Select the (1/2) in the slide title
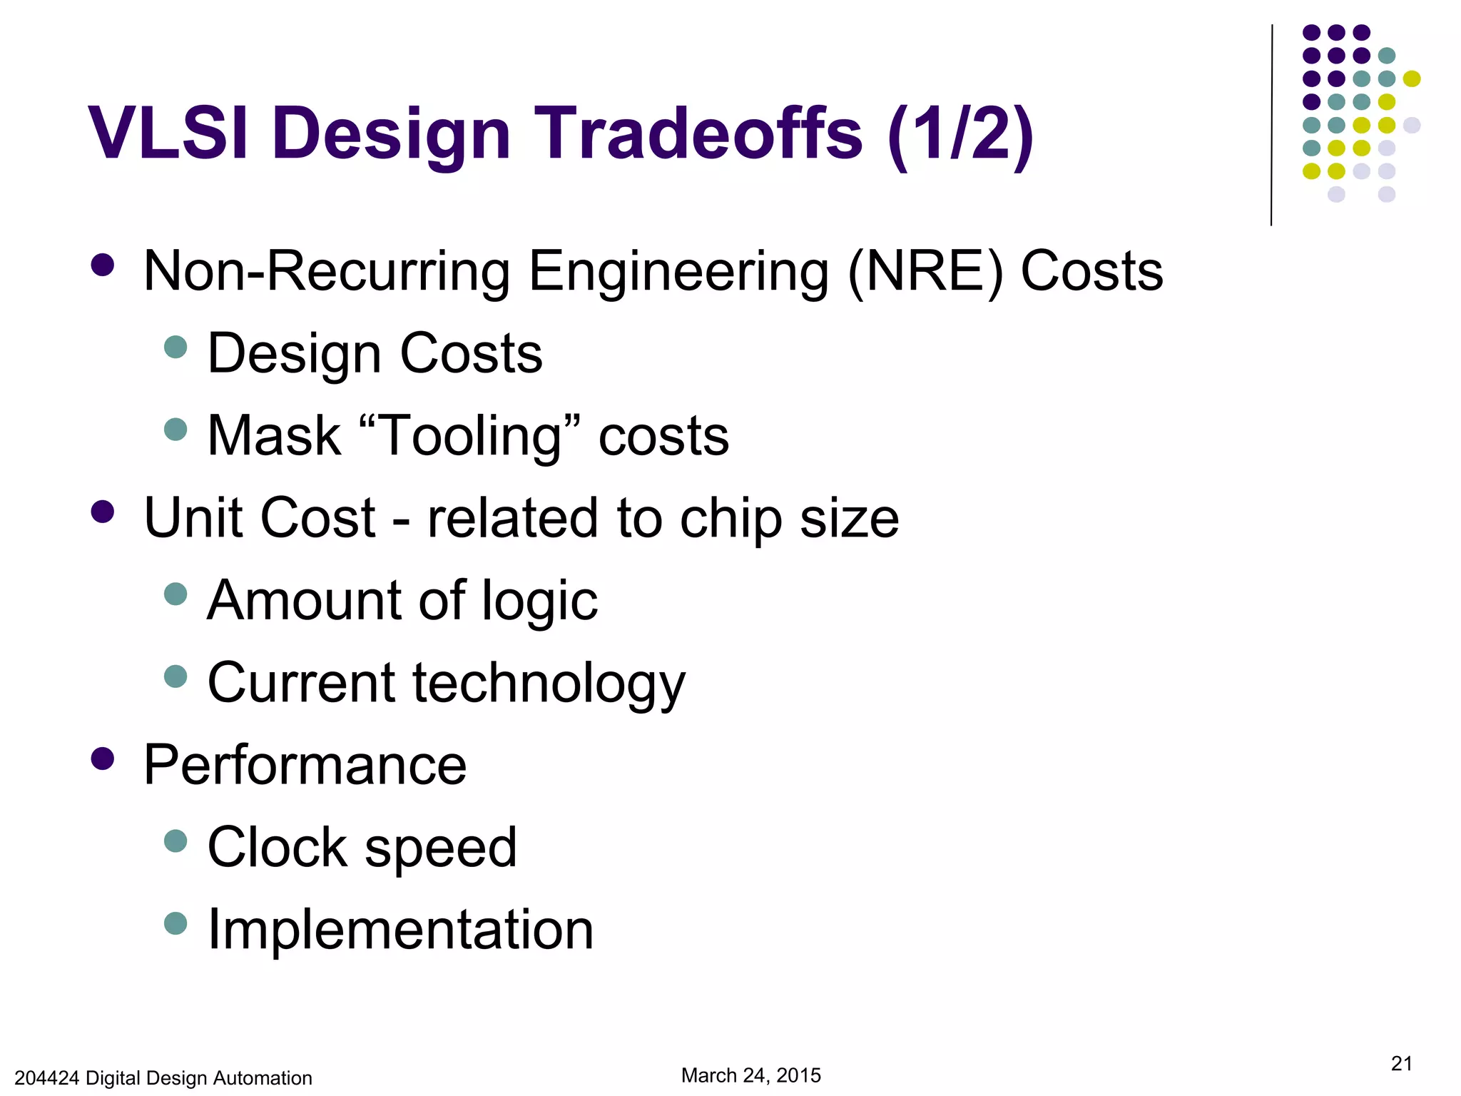point(960,133)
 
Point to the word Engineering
point(678,272)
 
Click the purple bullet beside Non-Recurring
point(103,265)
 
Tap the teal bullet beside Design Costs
point(175,347)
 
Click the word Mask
point(274,436)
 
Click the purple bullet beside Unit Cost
point(103,512)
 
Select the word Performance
point(305,765)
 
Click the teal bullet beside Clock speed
point(175,841)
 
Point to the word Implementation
point(400,930)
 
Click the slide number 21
point(1401,1063)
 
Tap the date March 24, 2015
point(750,1075)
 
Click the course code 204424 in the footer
point(46,1078)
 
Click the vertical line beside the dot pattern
point(1271,125)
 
